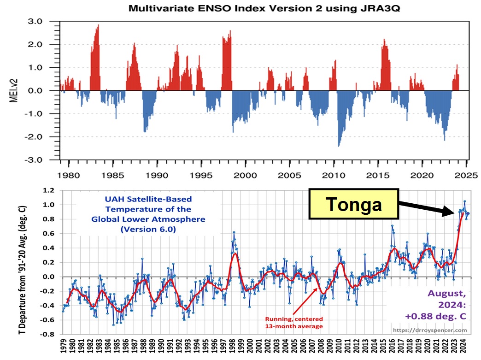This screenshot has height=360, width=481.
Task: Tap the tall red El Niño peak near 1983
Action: [x=98, y=26]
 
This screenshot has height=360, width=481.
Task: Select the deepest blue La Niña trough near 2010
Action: [x=339, y=145]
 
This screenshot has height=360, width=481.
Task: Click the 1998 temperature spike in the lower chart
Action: [x=234, y=232]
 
